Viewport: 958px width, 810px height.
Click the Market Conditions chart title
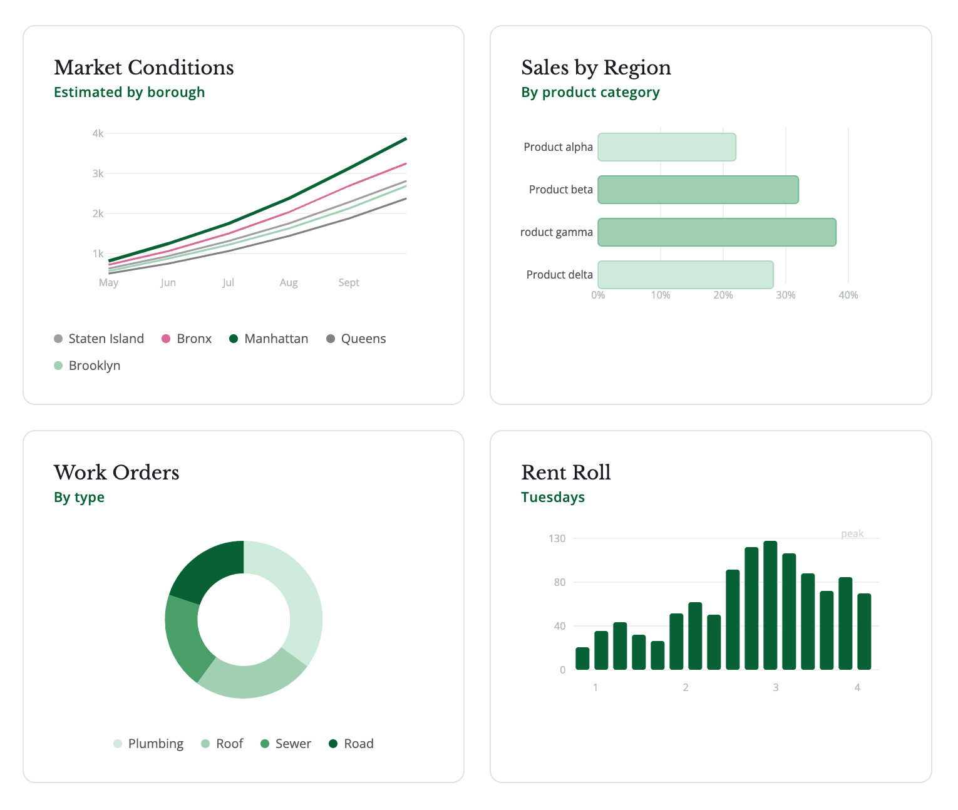pyautogui.click(x=143, y=68)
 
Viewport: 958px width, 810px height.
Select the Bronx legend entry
pyautogui.click(x=187, y=339)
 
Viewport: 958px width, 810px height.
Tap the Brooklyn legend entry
pyautogui.click(x=87, y=366)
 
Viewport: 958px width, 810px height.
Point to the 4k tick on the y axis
pyautogui.click(x=98, y=133)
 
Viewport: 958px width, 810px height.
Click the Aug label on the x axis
pyautogui.click(x=289, y=282)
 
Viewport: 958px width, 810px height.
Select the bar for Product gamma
pyautogui.click(x=716, y=232)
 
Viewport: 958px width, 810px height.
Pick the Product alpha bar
pyautogui.click(x=666, y=147)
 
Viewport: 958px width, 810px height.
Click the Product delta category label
pyautogui.click(x=559, y=275)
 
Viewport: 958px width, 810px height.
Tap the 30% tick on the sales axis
pyautogui.click(x=785, y=295)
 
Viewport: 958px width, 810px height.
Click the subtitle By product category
pyautogui.click(x=590, y=93)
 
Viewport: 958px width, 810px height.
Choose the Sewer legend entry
pyautogui.click(x=286, y=744)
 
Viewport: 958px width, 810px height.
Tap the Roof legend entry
pyautogui.click(x=222, y=744)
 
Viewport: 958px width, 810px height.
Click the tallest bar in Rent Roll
pyautogui.click(x=770, y=605)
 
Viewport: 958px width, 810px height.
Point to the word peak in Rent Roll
pyautogui.click(x=852, y=533)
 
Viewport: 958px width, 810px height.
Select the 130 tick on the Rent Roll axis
pyautogui.click(x=557, y=538)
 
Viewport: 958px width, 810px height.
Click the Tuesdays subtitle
pyautogui.click(x=553, y=498)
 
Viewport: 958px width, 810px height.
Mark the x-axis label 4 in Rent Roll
pyautogui.click(x=857, y=687)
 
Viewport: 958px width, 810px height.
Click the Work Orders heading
pyautogui.click(x=116, y=473)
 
